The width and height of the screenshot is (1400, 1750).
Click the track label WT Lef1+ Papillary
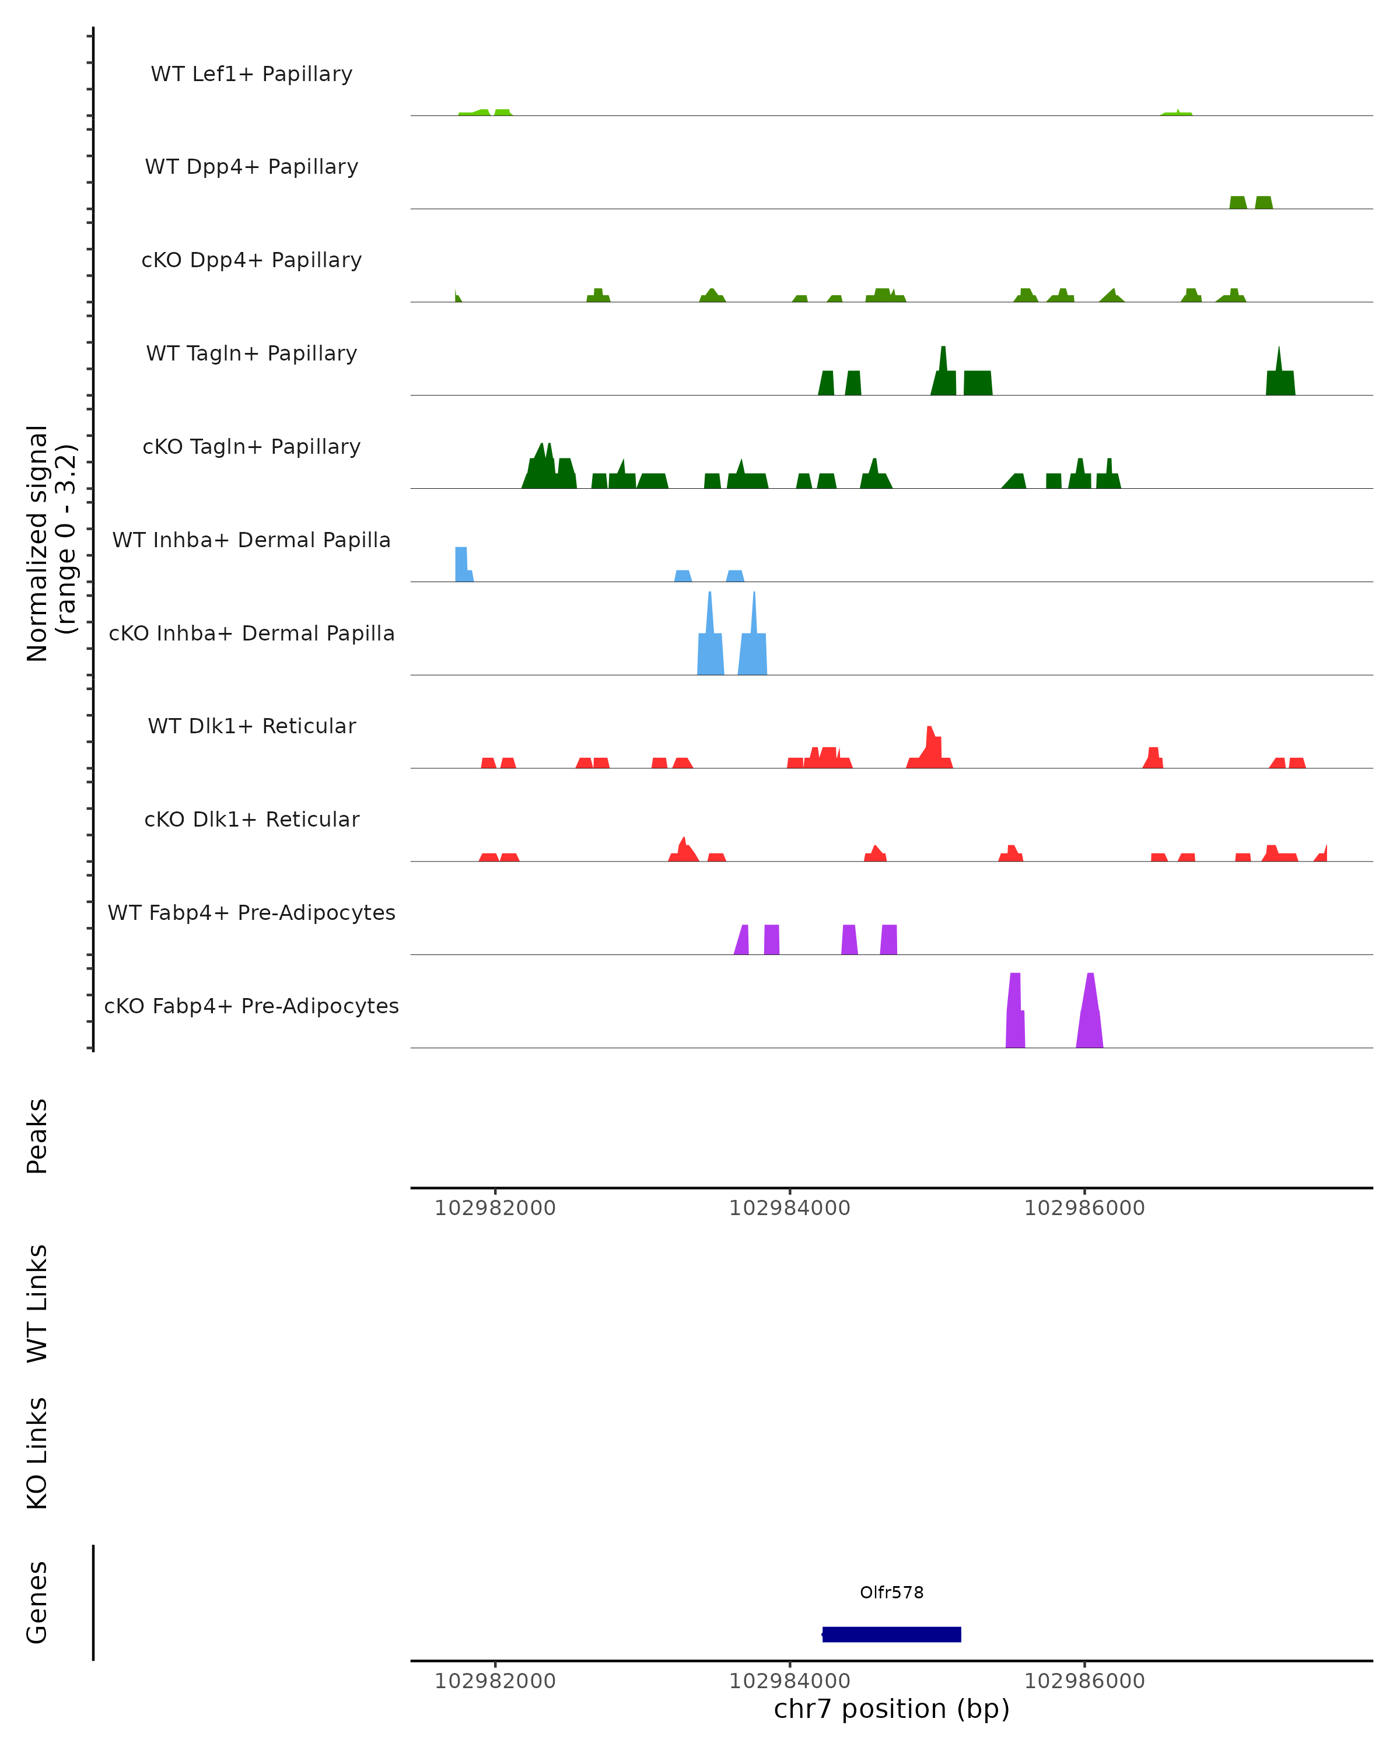pyautogui.click(x=251, y=74)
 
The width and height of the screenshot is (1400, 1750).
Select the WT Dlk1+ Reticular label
pyautogui.click(x=251, y=726)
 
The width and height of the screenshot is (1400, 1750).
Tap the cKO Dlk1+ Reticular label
pyautogui.click(x=251, y=819)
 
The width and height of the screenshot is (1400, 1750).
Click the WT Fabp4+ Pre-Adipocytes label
pyautogui.click(x=251, y=912)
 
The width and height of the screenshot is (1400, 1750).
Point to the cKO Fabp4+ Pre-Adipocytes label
pyautogui.click(x=251, y=1006)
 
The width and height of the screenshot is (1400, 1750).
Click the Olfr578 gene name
pyautogui.click(x=891, y=1592)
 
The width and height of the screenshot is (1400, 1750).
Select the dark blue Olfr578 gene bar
pyautogui.click(x=891, y=1634)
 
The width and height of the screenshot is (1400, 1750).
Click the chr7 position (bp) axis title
pyautogui.click(x=891, y=1709)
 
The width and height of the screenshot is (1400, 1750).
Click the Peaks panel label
pyautogui.click(x=37, y=1136)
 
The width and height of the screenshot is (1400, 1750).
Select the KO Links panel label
pyautogui.click(x=37, y=1454)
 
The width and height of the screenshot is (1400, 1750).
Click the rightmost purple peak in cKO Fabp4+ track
pyautogui.click(x=1090, y=1014)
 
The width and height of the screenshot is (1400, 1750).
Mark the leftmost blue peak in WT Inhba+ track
pyautogui.click(x=462, y=565)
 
